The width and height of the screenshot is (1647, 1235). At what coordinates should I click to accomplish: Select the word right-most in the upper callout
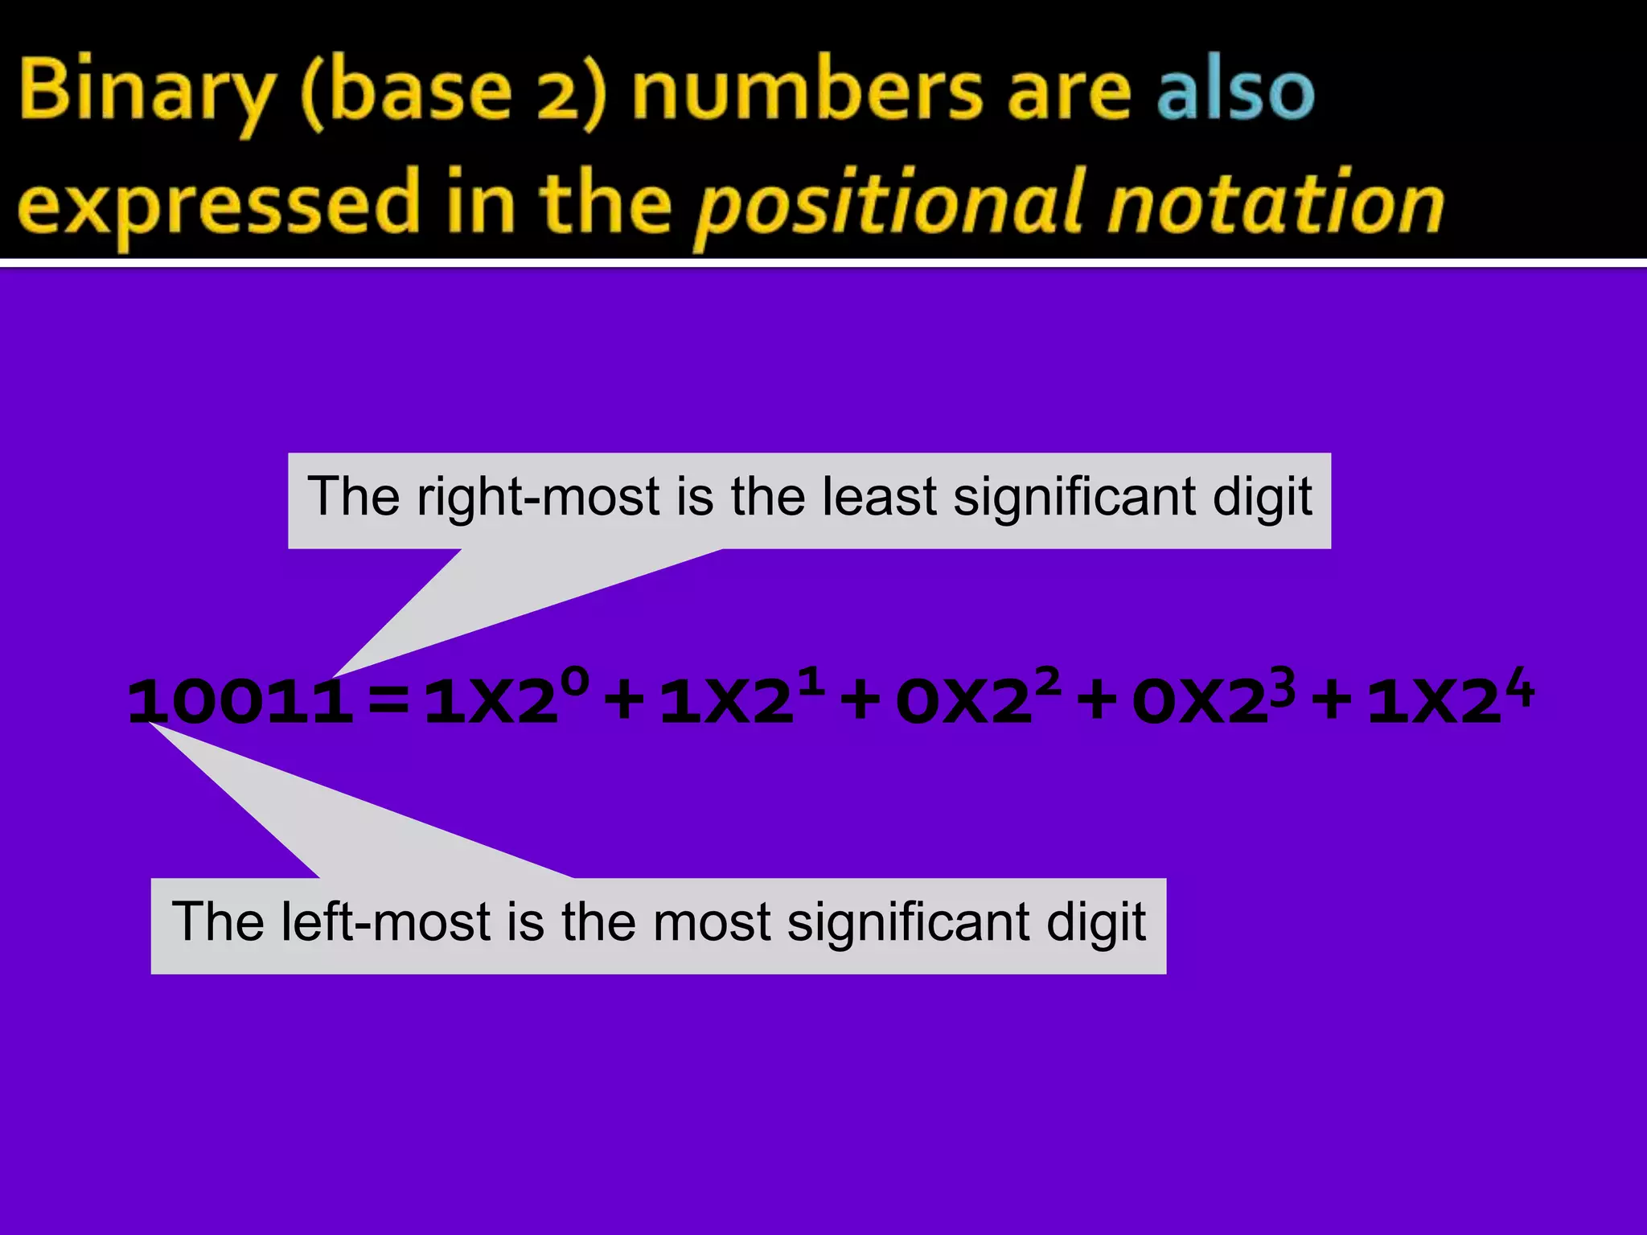coord(538,497)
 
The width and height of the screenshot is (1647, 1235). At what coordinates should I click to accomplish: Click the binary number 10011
coord(240,702)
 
